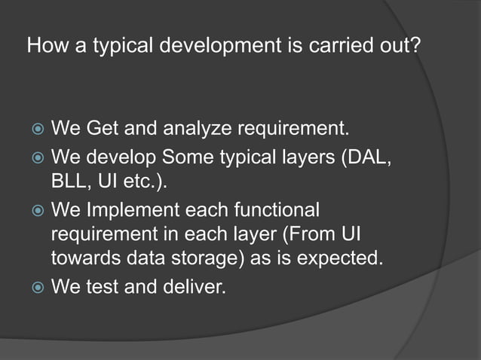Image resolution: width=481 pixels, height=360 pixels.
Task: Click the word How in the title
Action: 42,47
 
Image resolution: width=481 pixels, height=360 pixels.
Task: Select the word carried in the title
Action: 335,47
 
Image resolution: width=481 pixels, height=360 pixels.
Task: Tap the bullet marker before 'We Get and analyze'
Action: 35,130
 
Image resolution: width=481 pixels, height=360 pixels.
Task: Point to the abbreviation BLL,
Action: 69,183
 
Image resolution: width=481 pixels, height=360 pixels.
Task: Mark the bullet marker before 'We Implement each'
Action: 35,210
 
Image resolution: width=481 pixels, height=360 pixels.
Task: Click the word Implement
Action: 129,209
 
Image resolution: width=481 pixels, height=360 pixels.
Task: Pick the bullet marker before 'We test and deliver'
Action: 35,287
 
